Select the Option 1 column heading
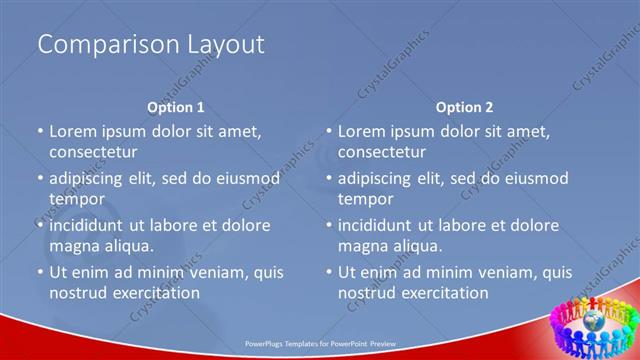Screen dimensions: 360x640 [x=176, y=107]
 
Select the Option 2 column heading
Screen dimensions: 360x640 [x=465, y=107]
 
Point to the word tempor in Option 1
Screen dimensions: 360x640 [x=77, y=199]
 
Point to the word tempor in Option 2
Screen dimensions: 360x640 [x=366, y=199]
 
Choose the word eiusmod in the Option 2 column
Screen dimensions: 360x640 [x=535, y=179]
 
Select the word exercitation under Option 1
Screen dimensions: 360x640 [x=158, y=293]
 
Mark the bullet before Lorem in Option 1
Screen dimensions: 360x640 [x=40, y=131]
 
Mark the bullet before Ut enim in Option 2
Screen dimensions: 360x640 [x=329, y=272]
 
